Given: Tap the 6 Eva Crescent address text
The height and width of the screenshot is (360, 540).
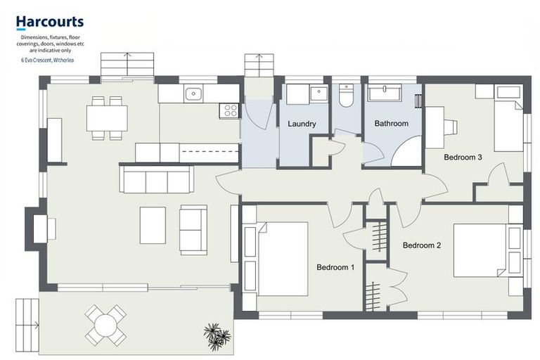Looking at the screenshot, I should (48, 60).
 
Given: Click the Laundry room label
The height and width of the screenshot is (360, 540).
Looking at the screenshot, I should (302, 124).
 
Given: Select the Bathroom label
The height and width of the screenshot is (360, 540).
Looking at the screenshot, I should (391, 124).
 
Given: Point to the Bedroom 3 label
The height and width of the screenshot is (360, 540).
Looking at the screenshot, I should (462, 157).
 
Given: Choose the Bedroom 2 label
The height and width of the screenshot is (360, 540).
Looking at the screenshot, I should (421, 245).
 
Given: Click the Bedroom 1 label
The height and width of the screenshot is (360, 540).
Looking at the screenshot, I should (335, 267).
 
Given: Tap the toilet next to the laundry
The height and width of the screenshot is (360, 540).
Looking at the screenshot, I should (346, 96).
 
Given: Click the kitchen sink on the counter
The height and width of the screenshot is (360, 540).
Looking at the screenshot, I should (193, 94).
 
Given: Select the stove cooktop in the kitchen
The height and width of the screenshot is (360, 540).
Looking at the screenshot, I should (229, 110).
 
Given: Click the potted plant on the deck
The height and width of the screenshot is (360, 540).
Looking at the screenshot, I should (217, 335).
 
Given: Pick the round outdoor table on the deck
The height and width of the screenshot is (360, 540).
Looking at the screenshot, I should (105, 324).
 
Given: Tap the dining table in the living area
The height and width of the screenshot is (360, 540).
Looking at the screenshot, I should (107, 117).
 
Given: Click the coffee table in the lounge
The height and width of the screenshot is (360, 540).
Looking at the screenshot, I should (153, 225).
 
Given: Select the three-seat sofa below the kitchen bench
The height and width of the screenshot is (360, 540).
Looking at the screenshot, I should (156, 179).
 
